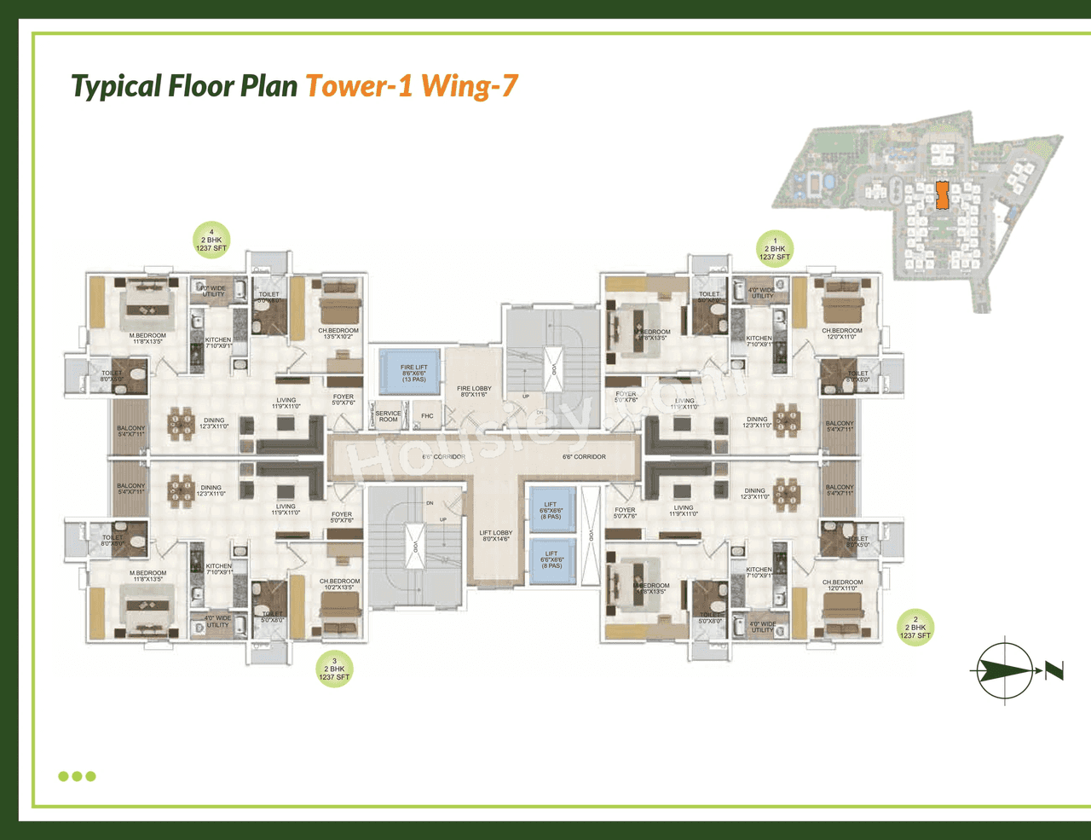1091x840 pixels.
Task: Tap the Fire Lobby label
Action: coord(474,391)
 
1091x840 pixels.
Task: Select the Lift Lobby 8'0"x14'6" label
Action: coord(496,536)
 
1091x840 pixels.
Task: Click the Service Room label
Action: coord(388,416)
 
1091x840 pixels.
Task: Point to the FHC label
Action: coord(427,416)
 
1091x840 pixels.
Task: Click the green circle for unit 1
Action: coord(775,249)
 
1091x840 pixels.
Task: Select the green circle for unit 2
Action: coord(915,628)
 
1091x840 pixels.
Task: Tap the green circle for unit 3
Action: coord(334,669)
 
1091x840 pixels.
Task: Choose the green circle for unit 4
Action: coord(211,240)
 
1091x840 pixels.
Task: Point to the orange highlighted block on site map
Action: coord(942,195)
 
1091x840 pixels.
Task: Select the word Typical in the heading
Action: coord(116,86)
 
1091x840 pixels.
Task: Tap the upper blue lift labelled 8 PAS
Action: coord(551,510)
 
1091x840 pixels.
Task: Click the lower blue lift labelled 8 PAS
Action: coord(551,559)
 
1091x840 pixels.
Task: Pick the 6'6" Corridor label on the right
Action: coord(584,457)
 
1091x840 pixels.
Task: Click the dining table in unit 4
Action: coord(181,420)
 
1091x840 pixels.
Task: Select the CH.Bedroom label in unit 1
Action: coord(841,333)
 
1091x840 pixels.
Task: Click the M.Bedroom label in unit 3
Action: coord(147,576)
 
